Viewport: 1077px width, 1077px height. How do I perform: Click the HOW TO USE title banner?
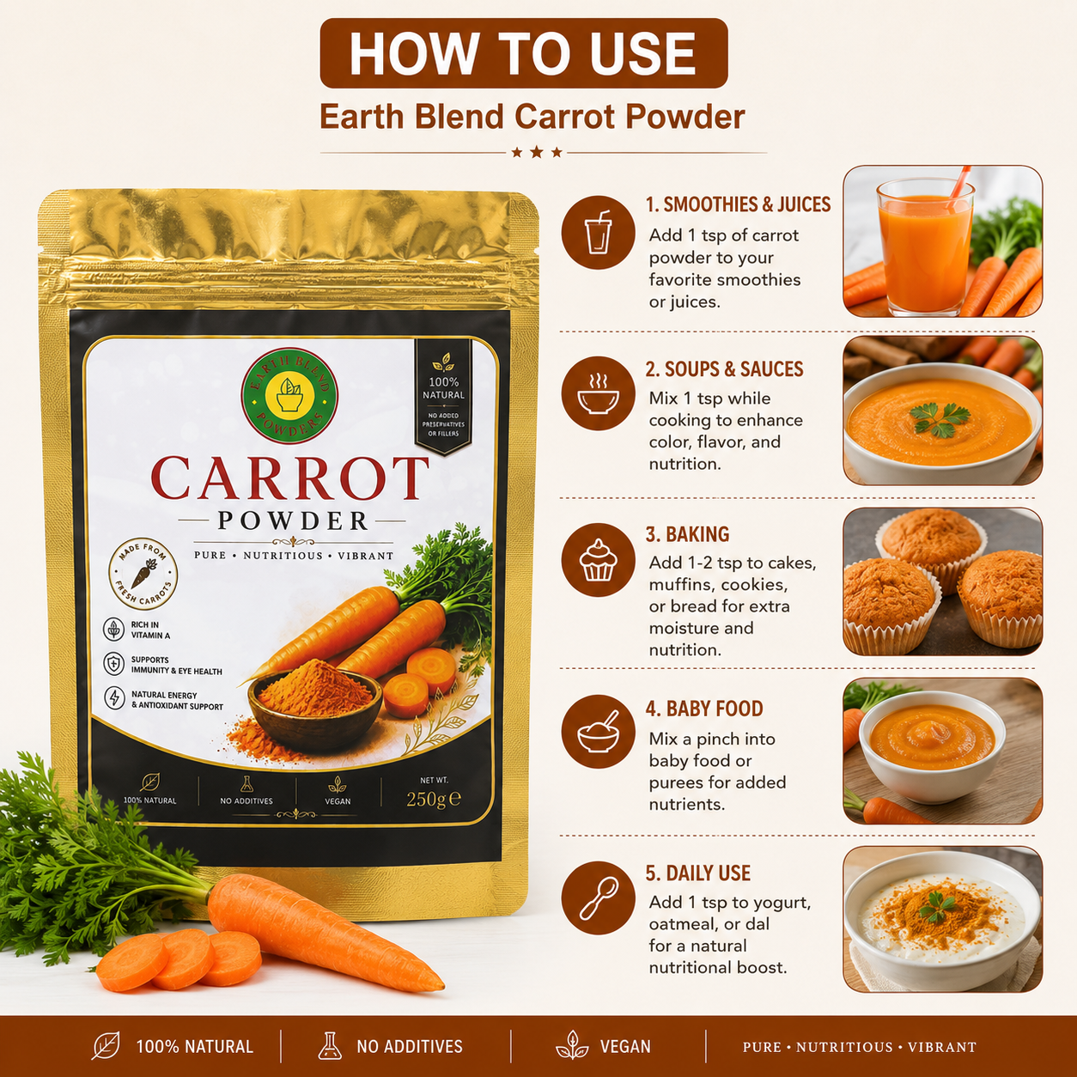click(524, 53)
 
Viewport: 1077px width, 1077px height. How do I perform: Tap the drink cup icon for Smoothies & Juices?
click(598, 232)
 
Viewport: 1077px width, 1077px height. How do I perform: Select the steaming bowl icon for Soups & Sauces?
click(598, 393)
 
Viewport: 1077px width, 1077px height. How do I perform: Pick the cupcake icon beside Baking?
click(598, 560)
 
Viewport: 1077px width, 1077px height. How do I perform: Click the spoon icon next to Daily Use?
click(598, 897)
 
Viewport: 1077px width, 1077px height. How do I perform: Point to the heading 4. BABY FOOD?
click(704, 709)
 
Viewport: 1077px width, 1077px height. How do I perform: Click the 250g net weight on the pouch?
click(433, 800)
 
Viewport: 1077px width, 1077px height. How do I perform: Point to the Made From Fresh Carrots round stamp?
click(143, 574)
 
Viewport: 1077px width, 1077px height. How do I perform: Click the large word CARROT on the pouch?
click(290, 478)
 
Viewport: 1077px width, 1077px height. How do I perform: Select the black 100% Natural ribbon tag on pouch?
click(443, 397)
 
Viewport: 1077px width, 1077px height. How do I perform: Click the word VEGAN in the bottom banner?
click(625, 1046)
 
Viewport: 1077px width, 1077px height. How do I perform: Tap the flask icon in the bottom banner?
click(330, 1045)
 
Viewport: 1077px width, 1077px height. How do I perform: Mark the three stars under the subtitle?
click(537, 152)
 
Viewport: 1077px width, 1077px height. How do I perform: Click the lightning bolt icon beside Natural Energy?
click(114, 698)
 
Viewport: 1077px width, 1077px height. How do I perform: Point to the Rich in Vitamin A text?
click(150, 630)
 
